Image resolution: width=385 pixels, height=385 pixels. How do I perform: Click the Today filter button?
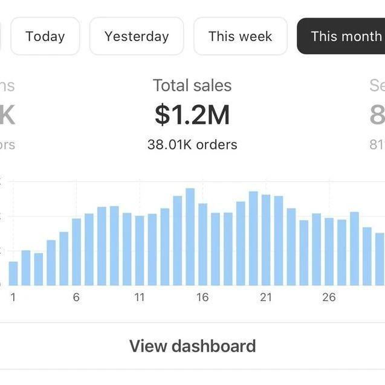[x=45, y=36]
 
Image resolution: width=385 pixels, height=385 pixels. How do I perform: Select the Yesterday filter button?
[x=137, y=36]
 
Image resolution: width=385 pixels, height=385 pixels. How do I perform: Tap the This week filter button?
[x=240, y=36]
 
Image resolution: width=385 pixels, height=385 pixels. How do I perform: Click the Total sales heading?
[x=192, y=85]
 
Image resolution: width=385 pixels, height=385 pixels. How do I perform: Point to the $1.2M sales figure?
[x=192, y=115]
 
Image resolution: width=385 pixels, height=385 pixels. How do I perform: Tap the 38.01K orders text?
[x=192, y=144]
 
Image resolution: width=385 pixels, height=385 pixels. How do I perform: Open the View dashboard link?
[x=192, y=346]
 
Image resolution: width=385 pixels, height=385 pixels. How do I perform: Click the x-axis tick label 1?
[x=13, y=297]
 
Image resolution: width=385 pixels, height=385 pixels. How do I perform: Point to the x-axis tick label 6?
[x=76, y=297]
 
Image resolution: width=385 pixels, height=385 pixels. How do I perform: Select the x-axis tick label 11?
[x=140, y=297]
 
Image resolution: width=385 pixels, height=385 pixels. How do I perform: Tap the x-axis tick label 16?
[x=202, y=297]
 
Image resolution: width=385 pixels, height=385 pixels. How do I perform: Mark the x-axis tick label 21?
[x=266, y=297]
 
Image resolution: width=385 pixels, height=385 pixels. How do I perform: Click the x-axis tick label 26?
[x=329, y=297]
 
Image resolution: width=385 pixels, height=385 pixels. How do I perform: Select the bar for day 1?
[x=13, y=273]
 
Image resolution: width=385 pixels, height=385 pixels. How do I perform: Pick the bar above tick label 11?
[x=140, y=251]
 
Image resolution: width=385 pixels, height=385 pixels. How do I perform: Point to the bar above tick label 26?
[x=329, y=251]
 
